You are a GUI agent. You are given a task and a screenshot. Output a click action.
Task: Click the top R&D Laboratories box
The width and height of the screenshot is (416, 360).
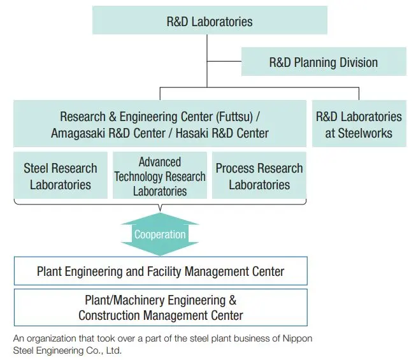(x=210, y=21)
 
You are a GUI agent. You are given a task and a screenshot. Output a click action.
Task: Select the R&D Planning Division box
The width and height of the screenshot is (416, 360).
(x=323, y=62)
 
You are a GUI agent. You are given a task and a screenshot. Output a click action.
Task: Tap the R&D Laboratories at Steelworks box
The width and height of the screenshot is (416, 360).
(x=359, y=124)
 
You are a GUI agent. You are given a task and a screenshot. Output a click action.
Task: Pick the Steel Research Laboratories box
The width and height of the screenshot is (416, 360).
(x=61, y=176)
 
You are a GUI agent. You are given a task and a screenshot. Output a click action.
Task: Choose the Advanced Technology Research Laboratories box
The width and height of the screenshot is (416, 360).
(x=160, y=176)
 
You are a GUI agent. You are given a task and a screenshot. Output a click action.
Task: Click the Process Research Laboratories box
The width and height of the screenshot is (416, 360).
(x=259, y=176)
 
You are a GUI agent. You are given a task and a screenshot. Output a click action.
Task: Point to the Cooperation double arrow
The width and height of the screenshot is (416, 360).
(x=160, y=234)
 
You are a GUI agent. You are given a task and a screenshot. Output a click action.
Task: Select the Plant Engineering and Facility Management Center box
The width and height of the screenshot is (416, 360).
(x=161, y=271)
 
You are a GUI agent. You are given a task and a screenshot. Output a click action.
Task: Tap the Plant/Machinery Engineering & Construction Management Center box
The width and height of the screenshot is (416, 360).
(x=161, y=307)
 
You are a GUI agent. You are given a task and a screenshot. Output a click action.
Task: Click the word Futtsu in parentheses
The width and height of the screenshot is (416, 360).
(x=233, y=117)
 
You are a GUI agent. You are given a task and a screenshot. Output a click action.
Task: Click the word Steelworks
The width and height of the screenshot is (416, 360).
(x=359, y=133)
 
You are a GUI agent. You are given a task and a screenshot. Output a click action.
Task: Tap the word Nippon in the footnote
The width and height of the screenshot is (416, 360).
(x=297, y=338)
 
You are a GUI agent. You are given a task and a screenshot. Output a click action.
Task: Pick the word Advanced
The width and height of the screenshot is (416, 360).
(x=160, y=162)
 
